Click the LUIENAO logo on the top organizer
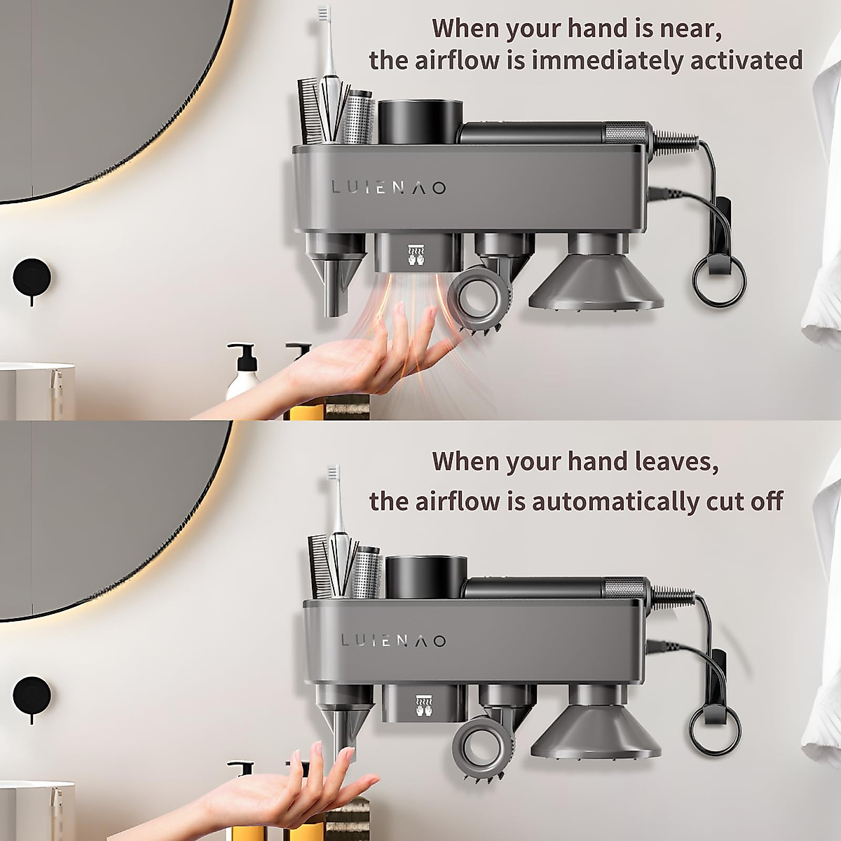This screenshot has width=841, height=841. click(389, 188)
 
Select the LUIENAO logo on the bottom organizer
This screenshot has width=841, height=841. click(393, 641)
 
